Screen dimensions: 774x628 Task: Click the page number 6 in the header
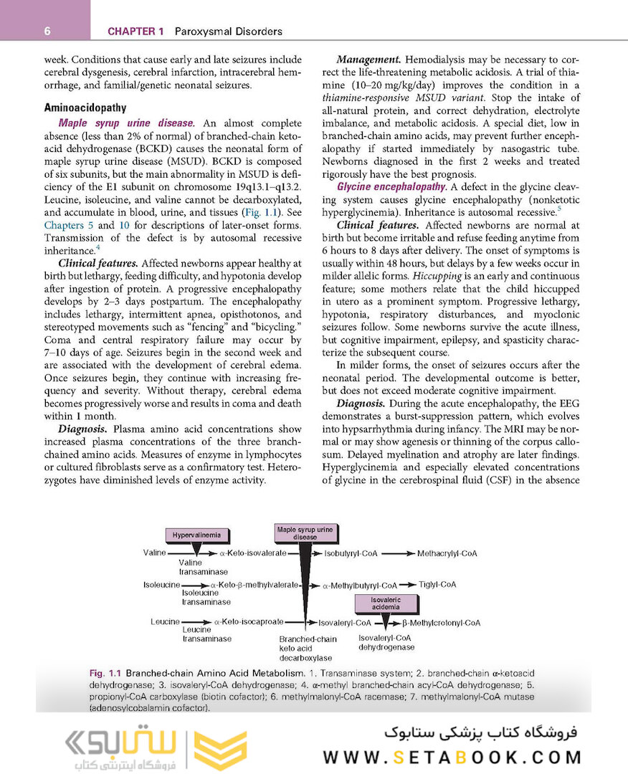click(47, 31)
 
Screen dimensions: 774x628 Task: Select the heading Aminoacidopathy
click(85, 107)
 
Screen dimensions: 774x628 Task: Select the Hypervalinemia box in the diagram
click(196, 535)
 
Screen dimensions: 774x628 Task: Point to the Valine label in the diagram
click(154, 553)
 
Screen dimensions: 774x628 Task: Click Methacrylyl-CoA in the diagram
click(447, 553)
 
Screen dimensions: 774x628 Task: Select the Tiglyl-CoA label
click(437, 584)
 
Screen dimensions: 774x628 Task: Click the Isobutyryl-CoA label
click(351, 553)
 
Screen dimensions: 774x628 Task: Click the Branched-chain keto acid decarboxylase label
click(308, 648)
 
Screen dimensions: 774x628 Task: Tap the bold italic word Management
click(368, 59)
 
